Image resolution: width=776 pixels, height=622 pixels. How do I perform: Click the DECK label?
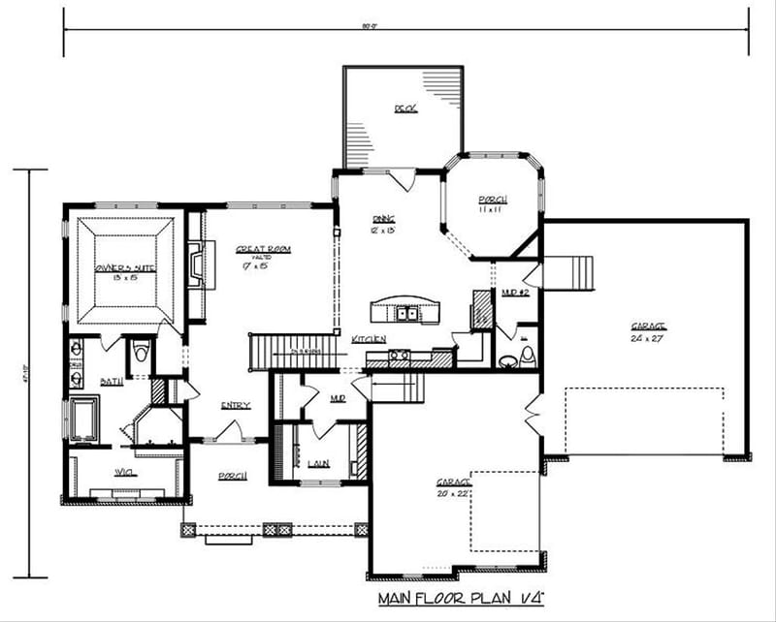pos(404,109)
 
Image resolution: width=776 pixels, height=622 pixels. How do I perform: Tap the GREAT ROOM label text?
pos(263,249)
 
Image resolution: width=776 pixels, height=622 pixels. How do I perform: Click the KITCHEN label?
pos(370,338)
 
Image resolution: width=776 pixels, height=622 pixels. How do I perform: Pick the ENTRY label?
pos(235,405)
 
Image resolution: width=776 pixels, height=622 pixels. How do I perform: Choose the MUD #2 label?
pos(513,291)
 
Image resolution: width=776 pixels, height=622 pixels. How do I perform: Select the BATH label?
pos(111,382)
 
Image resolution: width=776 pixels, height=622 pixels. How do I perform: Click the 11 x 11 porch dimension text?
pos(493,210)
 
